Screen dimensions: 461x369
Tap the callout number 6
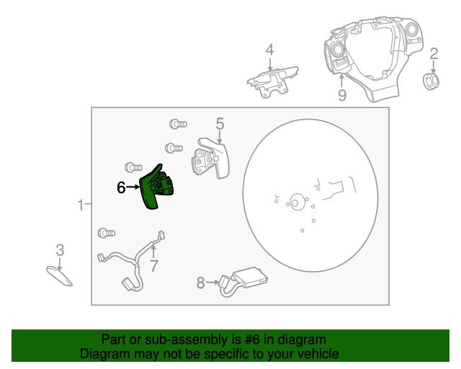pyautogui.click(x=121, y=187)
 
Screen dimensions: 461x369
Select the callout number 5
pyautogui.click(x=220, y=124)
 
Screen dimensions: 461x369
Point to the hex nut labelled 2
pyautogui.click(x=431, y=81)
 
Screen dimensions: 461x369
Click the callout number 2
pyautogui.click(x=434, y=54)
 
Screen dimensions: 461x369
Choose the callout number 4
pyautogui.click(x=269, y=50)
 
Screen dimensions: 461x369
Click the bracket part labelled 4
pyautogui.click(x=272, y=82)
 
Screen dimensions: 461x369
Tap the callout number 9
pyautogui.click(x=342, y=95)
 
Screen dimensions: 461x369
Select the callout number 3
pyautogui.click(x=60, y=250)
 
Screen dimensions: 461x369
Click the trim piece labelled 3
pyautogui.click(x=59, y=276)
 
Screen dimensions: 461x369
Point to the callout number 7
pyautogui.click(x=154, y=266)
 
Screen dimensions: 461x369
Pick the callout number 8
pyautogui.click(x=200, y=283)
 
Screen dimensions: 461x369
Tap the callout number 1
pyautogui.click(x=81, y=205)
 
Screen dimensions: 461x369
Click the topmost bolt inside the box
pyautogui.click(x=178, y=124)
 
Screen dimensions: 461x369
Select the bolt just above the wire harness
pyautogui.click(x=107, y=233)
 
